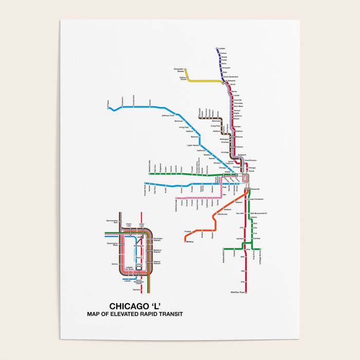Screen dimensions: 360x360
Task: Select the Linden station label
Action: tap(222, 49)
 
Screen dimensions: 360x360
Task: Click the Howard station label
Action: tap(231, 81)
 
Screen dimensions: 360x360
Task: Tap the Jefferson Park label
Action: tap(168, 116)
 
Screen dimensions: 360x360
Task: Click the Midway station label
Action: tap(189, 241)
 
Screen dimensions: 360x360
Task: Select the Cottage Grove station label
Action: tap(260, 256)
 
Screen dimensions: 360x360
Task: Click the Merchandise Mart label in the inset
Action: tap(112, 221)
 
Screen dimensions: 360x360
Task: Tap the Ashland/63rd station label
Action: tap(223, 254)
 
